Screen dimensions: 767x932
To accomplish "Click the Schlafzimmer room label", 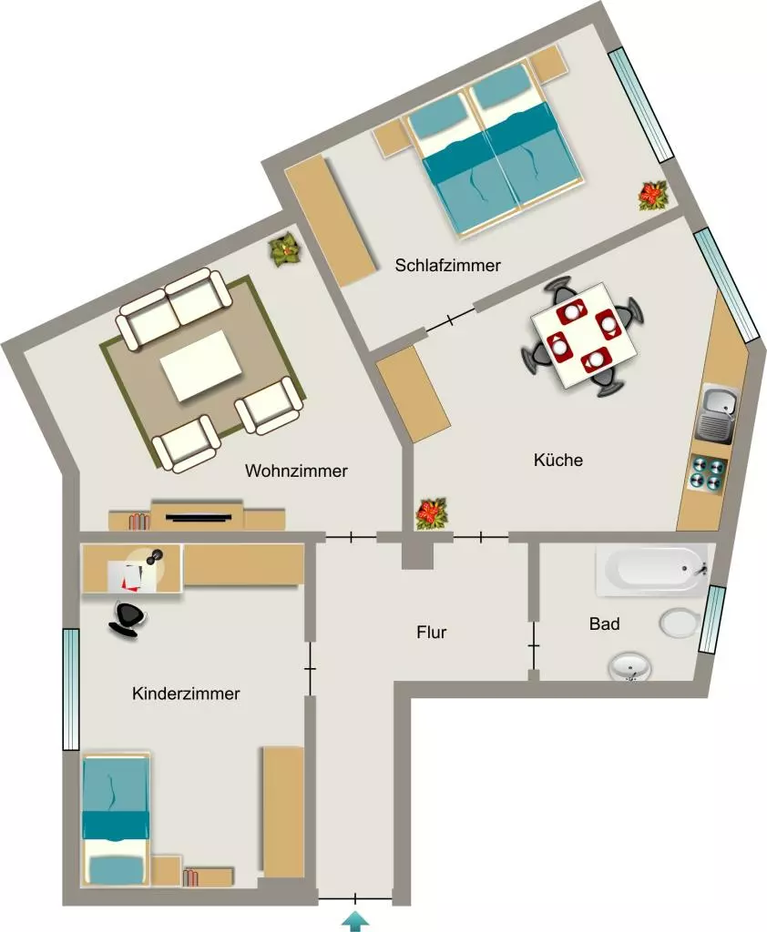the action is (447, 265).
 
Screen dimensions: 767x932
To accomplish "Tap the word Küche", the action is (558, 460).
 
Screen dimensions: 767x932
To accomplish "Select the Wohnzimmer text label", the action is (296, 471).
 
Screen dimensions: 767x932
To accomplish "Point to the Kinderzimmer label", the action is (186, 693).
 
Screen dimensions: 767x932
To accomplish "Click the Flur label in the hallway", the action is (432, 632).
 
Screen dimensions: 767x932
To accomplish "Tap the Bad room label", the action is (605, 623).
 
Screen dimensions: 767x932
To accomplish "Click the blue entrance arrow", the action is (355, 920).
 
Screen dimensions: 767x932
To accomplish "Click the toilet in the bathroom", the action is (680, 623).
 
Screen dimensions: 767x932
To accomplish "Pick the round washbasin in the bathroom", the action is (629, 667).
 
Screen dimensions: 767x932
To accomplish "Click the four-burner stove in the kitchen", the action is (708, 473).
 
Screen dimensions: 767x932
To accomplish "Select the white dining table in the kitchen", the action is (585, 335).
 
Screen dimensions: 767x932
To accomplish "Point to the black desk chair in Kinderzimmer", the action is (127, 619).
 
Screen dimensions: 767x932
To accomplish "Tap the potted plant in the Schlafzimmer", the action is (653, 196).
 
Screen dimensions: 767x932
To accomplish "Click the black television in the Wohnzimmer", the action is (199, 516).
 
